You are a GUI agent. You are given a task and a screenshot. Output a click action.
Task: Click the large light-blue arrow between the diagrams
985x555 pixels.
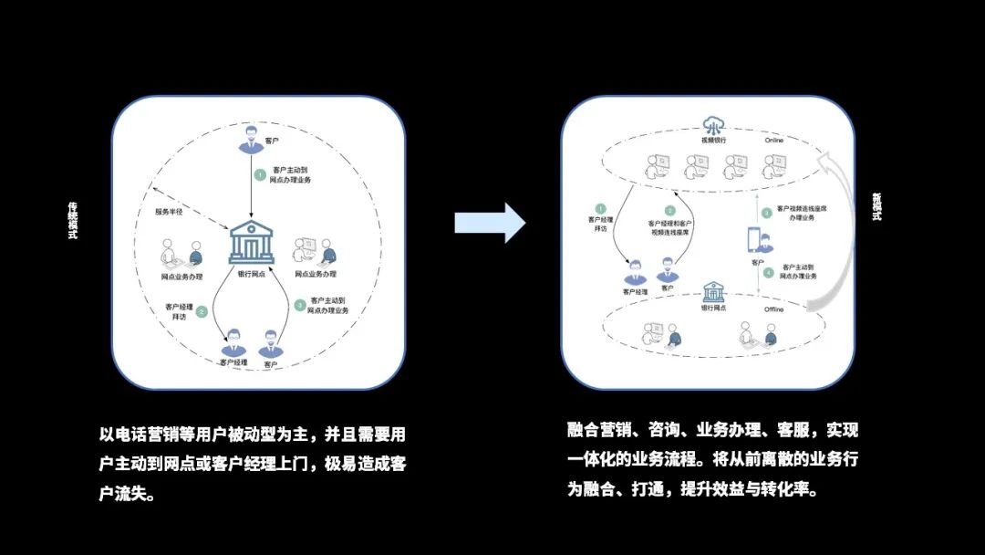coord(490,223)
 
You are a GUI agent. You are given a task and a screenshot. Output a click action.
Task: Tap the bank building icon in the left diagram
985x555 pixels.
coord(251,241)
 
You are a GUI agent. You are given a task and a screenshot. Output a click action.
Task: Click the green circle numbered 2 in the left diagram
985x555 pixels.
coord(202,311)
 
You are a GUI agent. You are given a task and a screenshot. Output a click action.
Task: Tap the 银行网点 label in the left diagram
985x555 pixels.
coord(251,274)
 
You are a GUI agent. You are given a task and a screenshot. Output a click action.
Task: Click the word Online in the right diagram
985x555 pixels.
coord(773,141)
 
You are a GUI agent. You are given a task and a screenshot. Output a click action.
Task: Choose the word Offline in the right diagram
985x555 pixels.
coord(773,309)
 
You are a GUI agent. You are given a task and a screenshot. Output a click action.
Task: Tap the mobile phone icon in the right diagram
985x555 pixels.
coord(754,239)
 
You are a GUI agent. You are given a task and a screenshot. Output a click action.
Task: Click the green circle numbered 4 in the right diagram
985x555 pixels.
coord(768,271)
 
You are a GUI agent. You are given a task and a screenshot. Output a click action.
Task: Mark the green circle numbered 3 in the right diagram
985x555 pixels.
coord(767,213)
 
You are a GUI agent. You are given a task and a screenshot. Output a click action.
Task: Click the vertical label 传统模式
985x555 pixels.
coord(73,221)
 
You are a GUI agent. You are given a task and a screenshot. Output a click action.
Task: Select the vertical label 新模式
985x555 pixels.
coord(876,206)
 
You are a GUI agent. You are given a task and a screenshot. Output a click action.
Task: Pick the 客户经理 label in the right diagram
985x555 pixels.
coord(635,292)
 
